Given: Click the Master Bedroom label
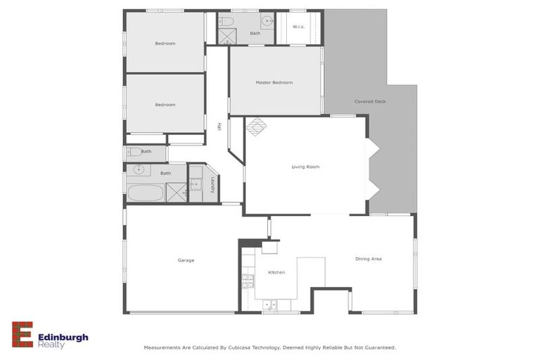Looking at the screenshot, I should click(x=274, y=82).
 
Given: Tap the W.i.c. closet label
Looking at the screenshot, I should click(x=297, y=27).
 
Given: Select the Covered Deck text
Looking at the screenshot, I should click(x=370, y=101).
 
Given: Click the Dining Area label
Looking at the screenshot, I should click(x=368, y=259).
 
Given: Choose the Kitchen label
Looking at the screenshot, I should click(x=276, y=272).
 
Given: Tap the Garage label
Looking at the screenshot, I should click(x=186, y=260).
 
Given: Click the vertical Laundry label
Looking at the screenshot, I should click(x=212, y=184).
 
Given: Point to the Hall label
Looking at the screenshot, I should click(x=219, y=127).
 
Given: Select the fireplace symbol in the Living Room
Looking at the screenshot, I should click(x=256, y=127).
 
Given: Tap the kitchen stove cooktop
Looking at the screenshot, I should click(x=247, y=281).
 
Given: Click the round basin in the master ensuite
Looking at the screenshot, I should click(x=267, y=20).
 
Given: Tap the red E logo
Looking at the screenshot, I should click(x=22, y=335).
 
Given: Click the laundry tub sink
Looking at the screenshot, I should click(x=195, y=184).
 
